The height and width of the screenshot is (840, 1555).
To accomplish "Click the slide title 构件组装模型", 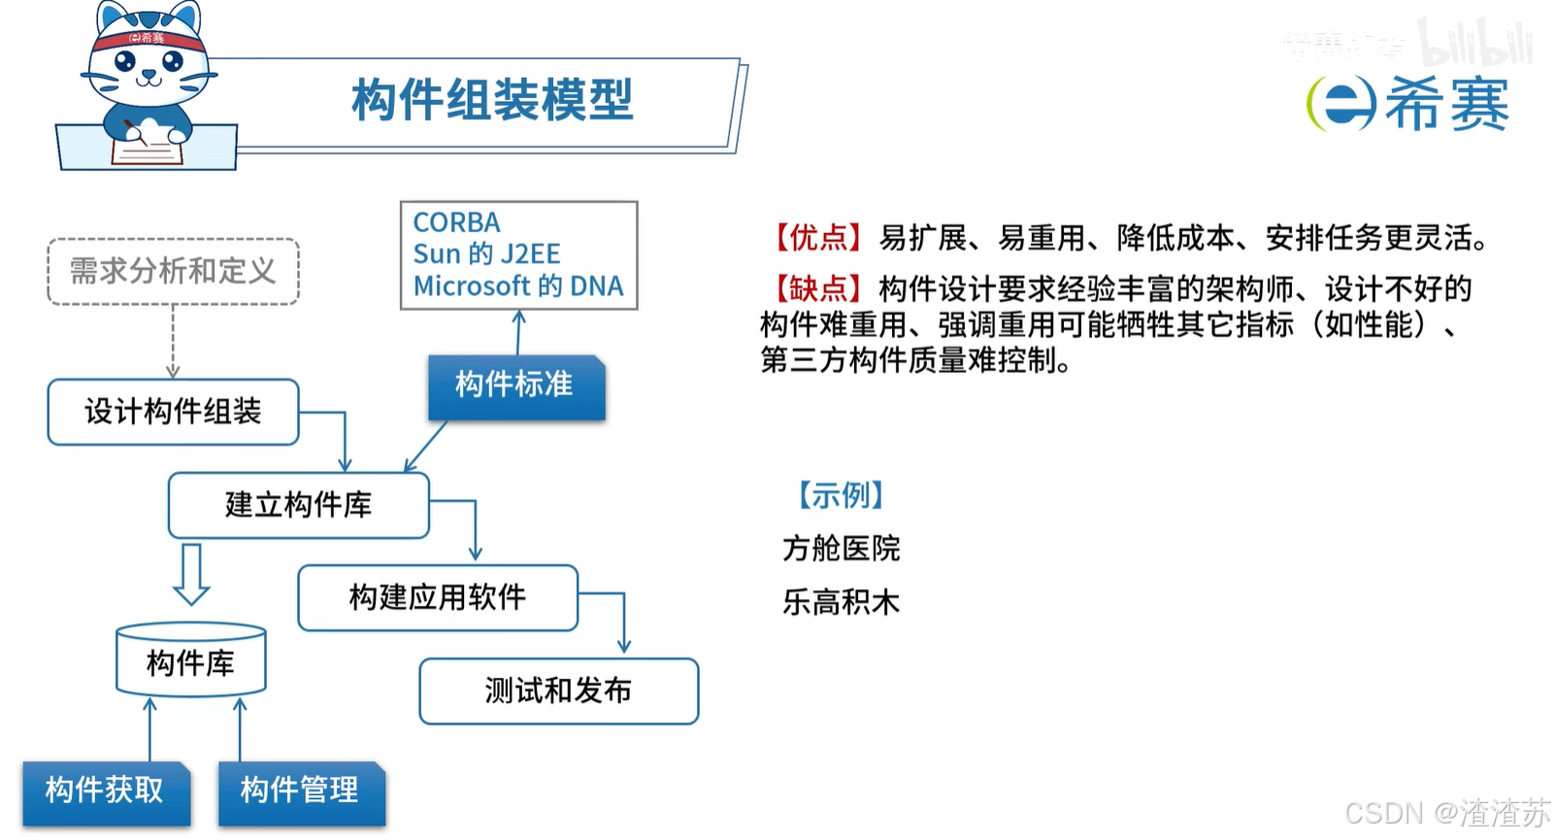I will [492, 100].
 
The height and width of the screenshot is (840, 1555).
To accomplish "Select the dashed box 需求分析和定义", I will [173, 271].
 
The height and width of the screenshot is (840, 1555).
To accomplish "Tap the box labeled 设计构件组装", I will [173, 412].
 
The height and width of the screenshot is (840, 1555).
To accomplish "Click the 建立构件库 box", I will [298, 505].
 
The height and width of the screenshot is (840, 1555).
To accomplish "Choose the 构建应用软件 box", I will [437, 597].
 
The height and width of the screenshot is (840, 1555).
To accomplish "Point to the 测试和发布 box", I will [558, 690].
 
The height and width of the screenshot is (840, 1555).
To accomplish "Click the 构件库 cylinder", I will [190, 662].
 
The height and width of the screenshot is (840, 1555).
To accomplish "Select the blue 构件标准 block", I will [515, 386].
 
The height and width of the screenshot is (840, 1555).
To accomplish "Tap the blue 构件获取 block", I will [105, 790].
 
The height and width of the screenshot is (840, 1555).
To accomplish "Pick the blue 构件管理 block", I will [300, 790].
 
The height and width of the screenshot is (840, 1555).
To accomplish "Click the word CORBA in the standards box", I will [456, 222].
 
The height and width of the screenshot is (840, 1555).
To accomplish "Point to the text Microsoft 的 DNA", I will [518, 286].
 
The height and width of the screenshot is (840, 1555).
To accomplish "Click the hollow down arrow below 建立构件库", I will [191, 574].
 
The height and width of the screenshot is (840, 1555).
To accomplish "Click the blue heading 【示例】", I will [841, 495].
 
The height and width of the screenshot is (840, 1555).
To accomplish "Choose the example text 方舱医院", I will [841, 549].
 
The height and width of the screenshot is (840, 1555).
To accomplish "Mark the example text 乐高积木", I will [841, 602].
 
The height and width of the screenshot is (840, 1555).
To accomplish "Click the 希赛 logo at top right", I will [1408, 103].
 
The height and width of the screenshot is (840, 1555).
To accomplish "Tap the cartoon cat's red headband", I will [148, 39].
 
